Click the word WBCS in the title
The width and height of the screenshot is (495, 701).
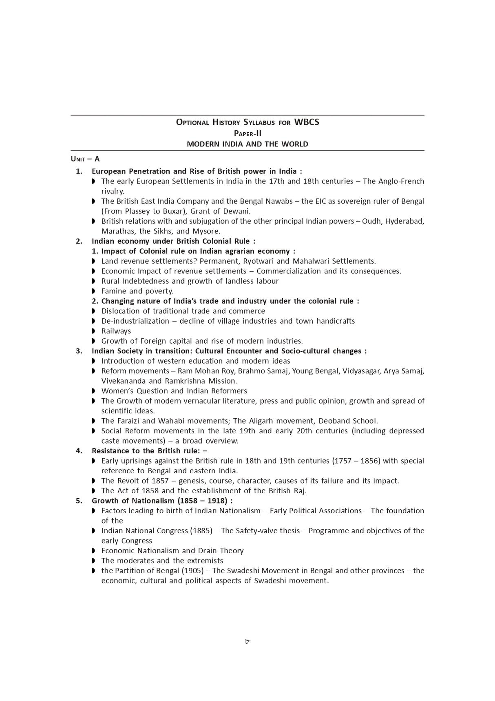click(x=307, y=122)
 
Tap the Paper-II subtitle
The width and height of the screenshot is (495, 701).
click(x=247, y=133)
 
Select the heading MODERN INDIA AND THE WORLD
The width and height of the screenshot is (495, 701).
click(x=247, y=144)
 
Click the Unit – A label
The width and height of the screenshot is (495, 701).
click(x=85, y=159)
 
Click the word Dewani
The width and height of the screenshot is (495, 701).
click(x=236, y=211)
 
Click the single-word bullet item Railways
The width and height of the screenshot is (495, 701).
click(x=116, y=331)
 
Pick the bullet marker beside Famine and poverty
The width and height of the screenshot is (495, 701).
click(x=93, y=291)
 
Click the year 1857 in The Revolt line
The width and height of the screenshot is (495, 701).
click(x=160, y=481)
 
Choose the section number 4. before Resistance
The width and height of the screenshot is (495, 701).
click(x=79, y=451)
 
